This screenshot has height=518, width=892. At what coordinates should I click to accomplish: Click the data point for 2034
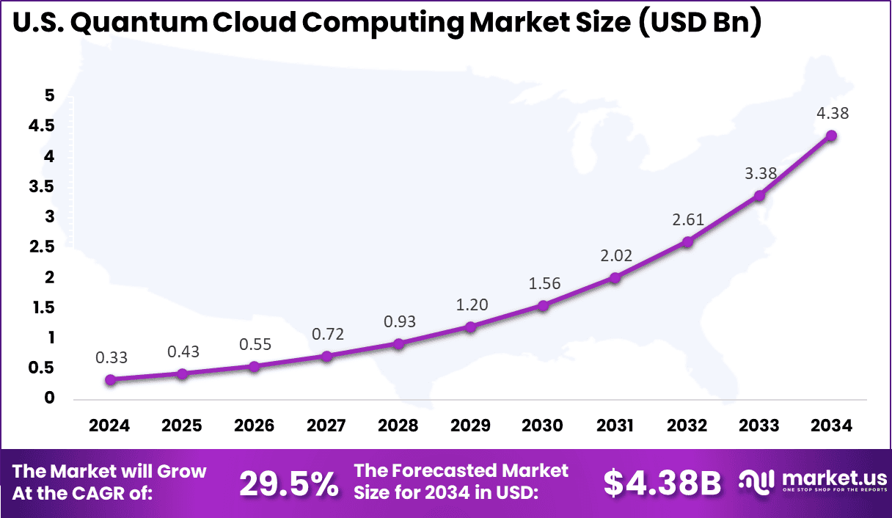point(831,136)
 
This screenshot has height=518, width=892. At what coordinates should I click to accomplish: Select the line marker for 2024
point(110,380)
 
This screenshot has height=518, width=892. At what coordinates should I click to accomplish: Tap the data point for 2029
point(471,327)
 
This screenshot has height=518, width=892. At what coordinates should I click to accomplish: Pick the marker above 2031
point(615,278)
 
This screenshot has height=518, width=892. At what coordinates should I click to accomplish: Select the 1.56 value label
point(543,284)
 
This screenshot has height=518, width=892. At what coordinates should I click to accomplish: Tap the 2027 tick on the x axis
point(326,426)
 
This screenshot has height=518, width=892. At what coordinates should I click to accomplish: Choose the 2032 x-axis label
point(687,426)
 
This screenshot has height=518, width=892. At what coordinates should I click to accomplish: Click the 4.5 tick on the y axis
point(42,126)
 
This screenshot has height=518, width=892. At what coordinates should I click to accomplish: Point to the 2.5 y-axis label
point(42,247)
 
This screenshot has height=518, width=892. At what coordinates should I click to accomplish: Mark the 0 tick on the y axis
point(50,398)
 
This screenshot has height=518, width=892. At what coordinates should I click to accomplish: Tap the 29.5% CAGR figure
point(289,484)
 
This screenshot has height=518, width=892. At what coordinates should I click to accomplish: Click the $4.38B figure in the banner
point(662,484)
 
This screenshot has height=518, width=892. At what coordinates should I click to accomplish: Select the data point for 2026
point(254,366)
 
